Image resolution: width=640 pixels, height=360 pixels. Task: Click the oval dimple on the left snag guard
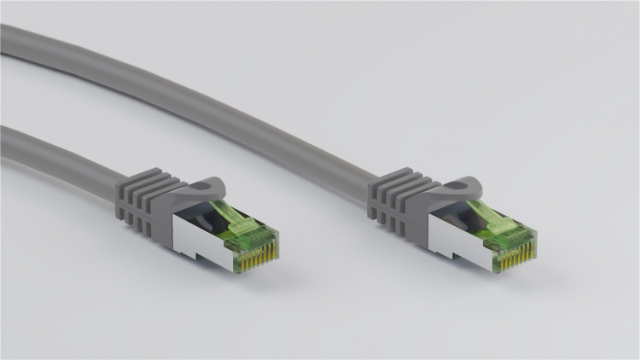tap(207, 184)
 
